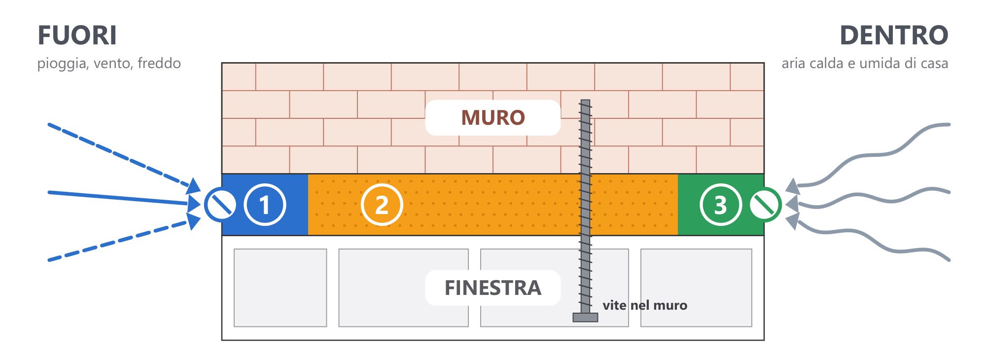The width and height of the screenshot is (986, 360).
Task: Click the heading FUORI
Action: [x=77, y=36]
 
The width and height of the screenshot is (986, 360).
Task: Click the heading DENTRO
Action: [x=894, y=36]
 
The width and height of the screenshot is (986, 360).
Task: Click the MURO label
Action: [x=493, y=118]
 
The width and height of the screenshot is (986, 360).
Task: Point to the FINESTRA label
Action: [x=493, y=288]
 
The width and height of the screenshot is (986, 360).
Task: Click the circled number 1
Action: [x=265, y=205]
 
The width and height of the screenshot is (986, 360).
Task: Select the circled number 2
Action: [x=382, y=205]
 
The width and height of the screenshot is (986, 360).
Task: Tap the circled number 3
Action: [x=721, y=205]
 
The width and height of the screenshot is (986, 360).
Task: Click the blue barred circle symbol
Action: [x=220, y=205]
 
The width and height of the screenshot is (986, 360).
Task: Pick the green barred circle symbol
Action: [x=765, y=205]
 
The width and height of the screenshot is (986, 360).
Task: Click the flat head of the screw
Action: [x=585, y=317]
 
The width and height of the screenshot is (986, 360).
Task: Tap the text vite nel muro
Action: [x=645, y=305]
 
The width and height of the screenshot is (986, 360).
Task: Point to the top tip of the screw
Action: [x=585, y=100]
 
